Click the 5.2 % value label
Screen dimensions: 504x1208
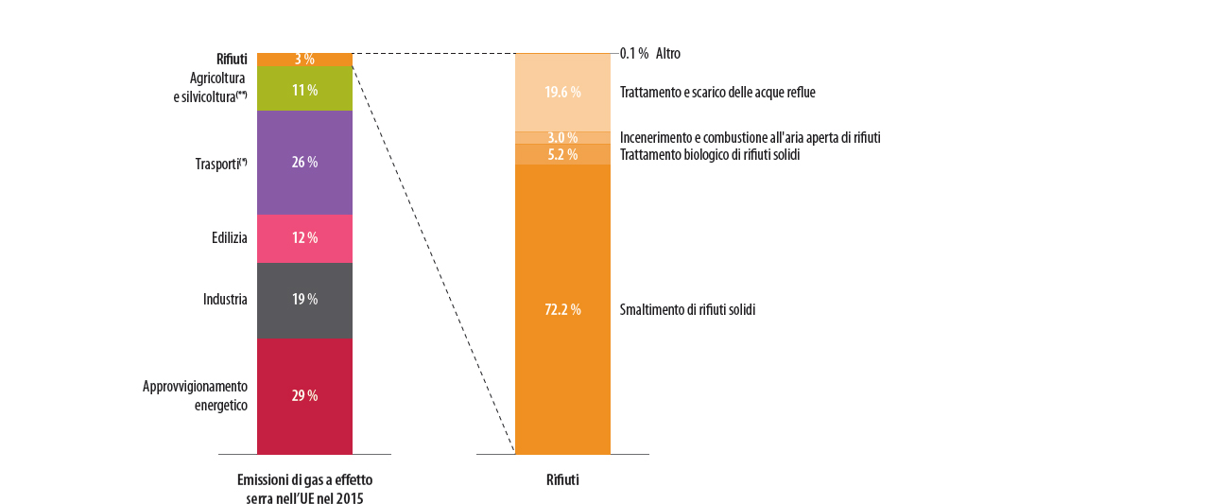(562, 154)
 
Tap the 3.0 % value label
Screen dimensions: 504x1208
(562, 138)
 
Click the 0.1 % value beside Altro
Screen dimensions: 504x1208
(634, 54)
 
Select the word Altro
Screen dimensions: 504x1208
(667, 54)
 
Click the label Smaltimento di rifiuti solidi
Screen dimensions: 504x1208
(687, 309)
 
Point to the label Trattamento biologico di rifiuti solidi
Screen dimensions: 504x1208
(710, 154)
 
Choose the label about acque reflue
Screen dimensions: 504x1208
(717, 93)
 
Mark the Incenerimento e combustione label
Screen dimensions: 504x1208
(750, 138)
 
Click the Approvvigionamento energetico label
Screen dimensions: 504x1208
(195, 395)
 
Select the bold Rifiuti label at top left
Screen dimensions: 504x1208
(232, 60)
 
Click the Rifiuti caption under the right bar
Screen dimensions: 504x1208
(562, 479)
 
